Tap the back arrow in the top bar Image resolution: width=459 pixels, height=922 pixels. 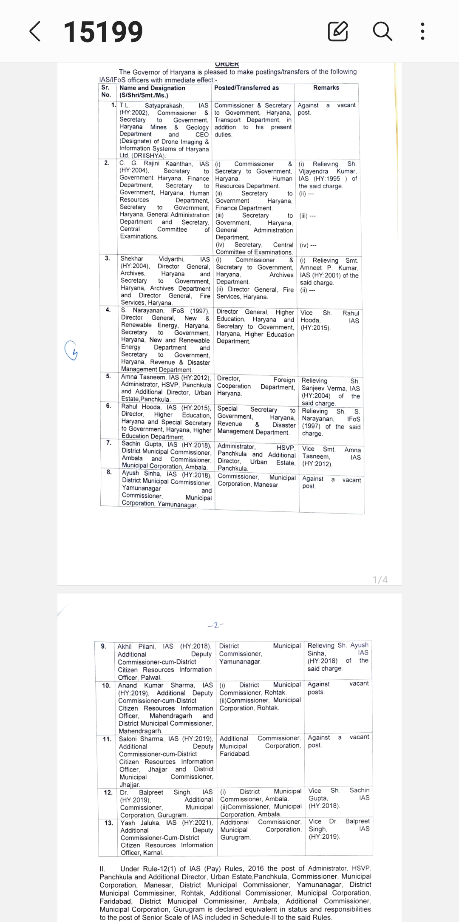coord(35,32)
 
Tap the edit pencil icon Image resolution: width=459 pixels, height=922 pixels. coord(338,31)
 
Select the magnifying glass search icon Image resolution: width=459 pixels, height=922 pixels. coord(382,31)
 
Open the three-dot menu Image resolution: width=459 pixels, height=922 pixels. coord(422,31)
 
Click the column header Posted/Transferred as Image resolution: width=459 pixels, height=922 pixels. coord(246,88)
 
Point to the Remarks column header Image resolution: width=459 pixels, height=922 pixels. coord(326,88)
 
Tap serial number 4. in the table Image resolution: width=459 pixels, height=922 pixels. coord(108,310)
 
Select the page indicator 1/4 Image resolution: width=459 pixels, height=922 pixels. coord(380,580)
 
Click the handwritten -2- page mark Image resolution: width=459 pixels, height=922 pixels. coord(215,625)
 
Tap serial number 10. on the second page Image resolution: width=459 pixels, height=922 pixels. coord(106,685)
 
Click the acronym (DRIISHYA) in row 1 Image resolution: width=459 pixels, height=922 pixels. coord(148,156)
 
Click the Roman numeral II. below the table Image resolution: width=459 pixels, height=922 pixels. coord(102,868)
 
